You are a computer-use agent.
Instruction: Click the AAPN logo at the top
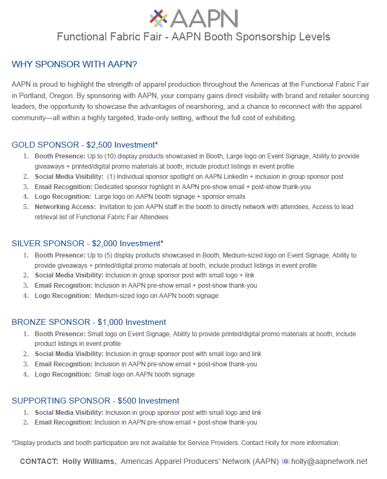(193, 18)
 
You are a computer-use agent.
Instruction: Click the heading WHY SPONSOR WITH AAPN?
(74, 65)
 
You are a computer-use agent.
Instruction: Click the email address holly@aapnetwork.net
(329, 461)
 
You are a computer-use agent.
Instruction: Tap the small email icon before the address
(285, 462)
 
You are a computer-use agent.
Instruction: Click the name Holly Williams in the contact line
(89, 461)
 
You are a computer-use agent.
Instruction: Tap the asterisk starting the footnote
(13, 443)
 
